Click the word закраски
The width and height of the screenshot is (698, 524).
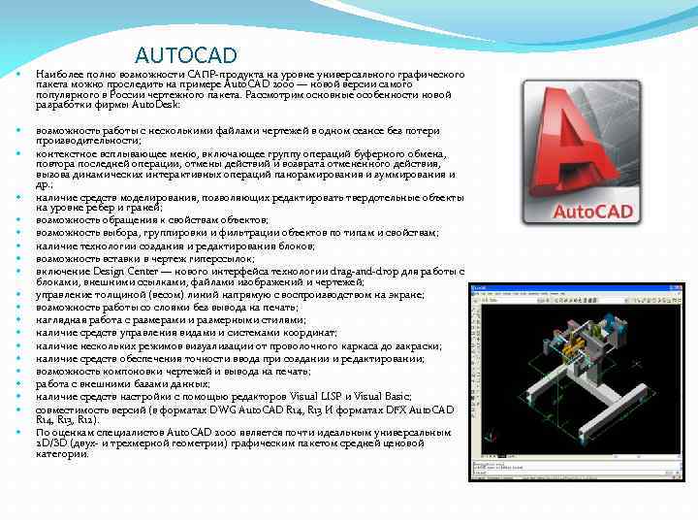tap(418, 345)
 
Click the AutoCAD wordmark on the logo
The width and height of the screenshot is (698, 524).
tap(591, 211)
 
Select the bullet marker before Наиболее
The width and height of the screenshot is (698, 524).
tap(18, 74)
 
